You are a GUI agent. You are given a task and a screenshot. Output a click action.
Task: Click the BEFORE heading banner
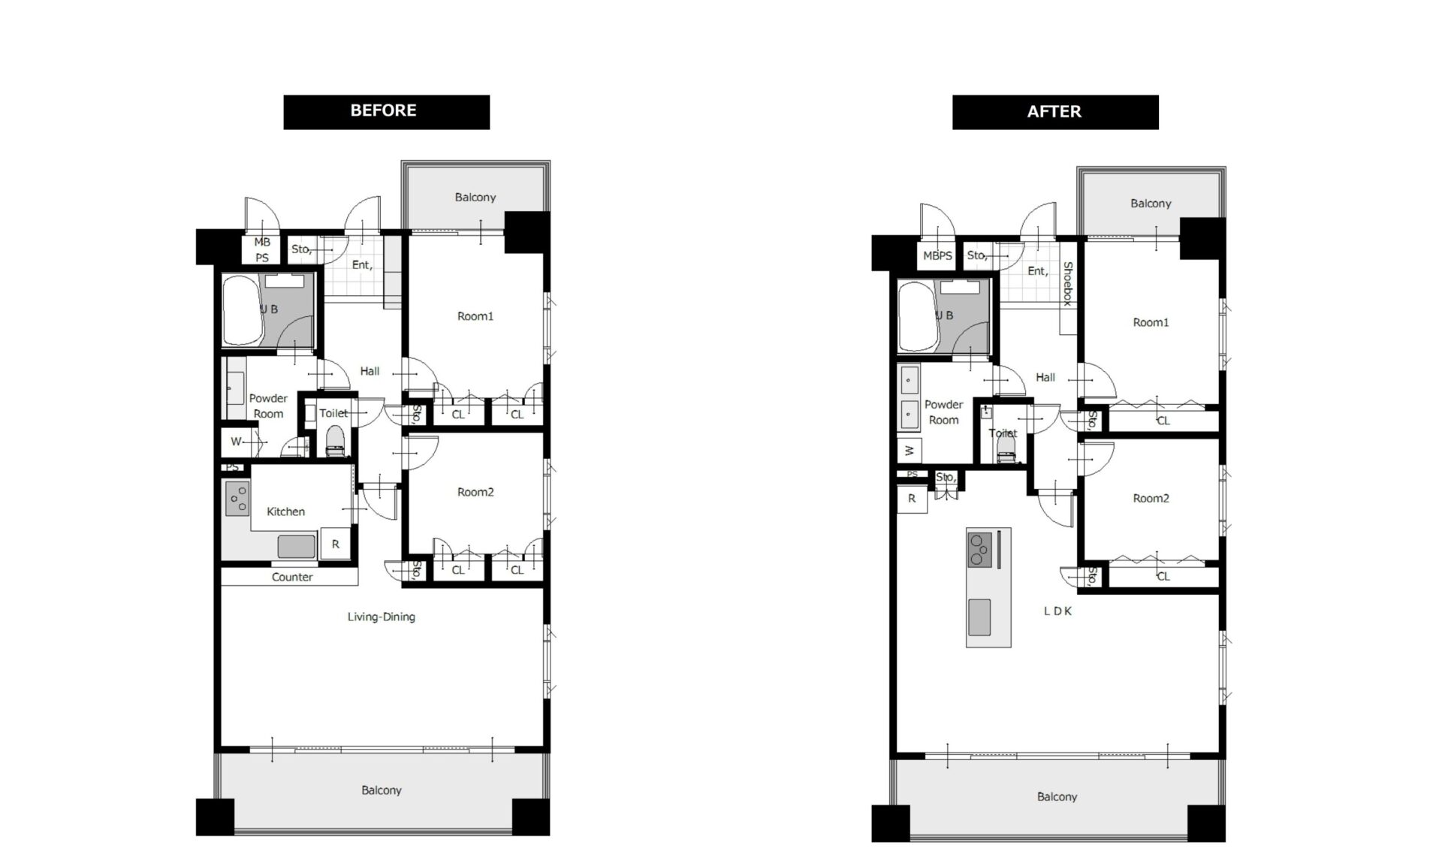pyautogui.click(x=386, y=112)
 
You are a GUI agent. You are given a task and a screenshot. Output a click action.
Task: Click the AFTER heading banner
pyautogui.click(x=1055, y=112)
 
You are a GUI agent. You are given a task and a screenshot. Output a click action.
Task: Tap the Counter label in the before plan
pyautogui.click(x=292, y=577)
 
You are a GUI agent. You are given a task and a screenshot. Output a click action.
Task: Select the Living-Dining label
pyautogui.click(x=381, y=617)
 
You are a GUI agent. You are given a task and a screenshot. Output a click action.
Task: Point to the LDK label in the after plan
pyautogui.click(x=1057, y=611)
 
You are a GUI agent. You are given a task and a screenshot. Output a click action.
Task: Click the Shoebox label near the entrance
pyautogui.click(x=1067, y=283)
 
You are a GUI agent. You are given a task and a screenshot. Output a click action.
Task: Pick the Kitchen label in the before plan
pyautogui.click(x=286, y=511)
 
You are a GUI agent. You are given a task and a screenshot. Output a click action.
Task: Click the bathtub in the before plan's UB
pyautogui.click(x=241, y=309)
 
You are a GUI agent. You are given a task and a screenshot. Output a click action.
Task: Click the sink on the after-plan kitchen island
pyautogui.click(x=979, y=617)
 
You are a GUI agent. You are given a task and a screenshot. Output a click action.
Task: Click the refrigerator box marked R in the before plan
pyautogui.click(x=335, y=544)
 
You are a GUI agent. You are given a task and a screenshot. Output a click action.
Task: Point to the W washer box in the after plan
pyautogui.click(x=910, y=451)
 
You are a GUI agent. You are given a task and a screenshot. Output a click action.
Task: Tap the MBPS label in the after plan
pyautogui.click(x=937, y=255)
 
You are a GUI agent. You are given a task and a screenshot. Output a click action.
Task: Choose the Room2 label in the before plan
pyautogui.click(x=475, y=492)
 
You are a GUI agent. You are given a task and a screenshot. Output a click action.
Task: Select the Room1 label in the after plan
pyautogui.click(x=1151, y=322)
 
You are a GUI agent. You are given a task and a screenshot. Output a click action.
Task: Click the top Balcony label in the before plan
pyautogui.click(x=475, y=198)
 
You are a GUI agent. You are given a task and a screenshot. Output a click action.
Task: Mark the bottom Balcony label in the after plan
pyautogui.click(x=1057, y=797)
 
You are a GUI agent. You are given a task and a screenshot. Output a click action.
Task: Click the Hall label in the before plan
pyautogui.click(x=370, y=371)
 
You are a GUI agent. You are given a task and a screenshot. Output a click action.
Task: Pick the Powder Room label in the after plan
pyautogui.click(x=944, y=412)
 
